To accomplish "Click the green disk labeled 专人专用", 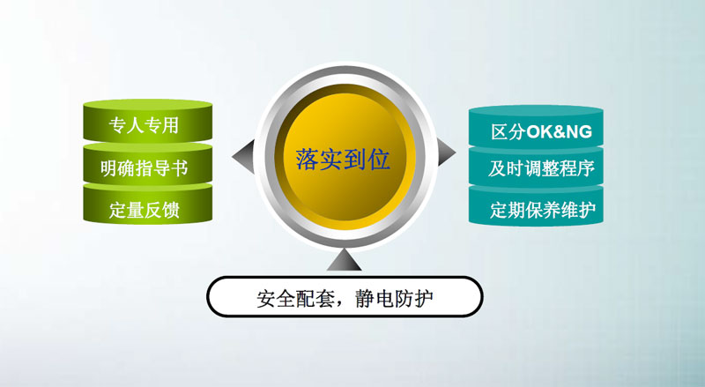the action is coord(147,121).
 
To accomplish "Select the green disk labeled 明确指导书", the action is coord(147,165).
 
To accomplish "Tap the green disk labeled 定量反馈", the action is coord(147,205).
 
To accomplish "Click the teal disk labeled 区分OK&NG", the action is coord(536,127).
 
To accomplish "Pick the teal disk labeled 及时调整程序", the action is coord(536,167).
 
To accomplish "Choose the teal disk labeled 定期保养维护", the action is coord(536,206).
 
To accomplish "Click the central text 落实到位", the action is coord(343,160).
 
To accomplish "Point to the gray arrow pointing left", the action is coord(243,157).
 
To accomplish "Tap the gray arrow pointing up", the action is coord(344,260).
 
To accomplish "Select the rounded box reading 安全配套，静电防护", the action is coord(345,297).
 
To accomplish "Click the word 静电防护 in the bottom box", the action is coord(394,298).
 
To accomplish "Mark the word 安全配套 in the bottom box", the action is coord(295,298).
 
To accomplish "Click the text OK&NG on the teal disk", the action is coord(559,132).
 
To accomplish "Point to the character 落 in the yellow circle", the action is coord(307,160).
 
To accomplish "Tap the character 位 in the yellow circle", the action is coord(379,160).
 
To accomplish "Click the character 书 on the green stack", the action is coord(179,168).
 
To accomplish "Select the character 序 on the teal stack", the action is coord(586,168).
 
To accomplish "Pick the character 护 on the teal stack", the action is coord(587,210).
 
